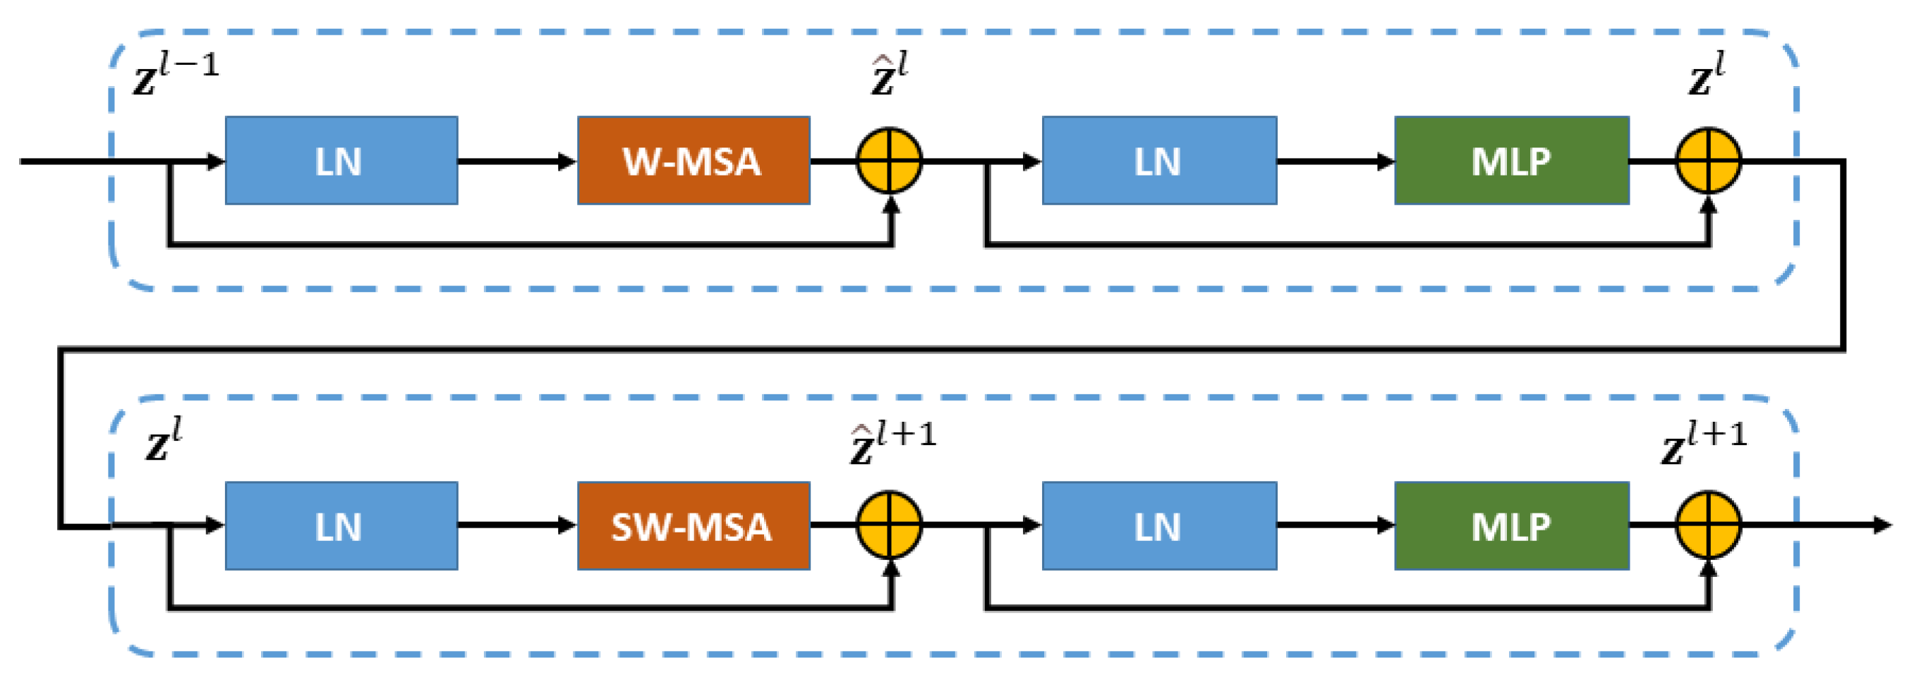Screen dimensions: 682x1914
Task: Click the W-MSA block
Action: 693,161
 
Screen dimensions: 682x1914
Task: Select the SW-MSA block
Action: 693,526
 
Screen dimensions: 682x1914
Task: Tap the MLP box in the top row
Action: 1511,161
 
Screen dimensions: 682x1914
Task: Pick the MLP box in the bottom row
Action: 1511,526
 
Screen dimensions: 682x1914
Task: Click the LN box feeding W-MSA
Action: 341,161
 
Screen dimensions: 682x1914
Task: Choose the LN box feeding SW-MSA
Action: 341,526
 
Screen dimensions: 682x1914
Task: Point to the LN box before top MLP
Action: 1159,161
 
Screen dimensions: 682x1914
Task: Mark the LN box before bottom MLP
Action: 1159,526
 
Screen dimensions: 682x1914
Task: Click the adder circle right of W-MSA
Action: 890,161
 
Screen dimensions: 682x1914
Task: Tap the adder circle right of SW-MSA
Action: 890,525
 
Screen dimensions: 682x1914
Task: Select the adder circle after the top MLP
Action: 1708,161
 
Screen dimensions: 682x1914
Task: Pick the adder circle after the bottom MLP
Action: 1708,525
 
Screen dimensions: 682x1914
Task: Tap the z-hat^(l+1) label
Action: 892,444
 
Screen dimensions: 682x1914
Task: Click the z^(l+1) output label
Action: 1704,444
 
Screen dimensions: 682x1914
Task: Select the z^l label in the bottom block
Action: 163,441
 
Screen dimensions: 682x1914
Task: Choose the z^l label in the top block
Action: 1706,74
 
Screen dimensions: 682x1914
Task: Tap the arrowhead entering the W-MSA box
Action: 568,162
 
